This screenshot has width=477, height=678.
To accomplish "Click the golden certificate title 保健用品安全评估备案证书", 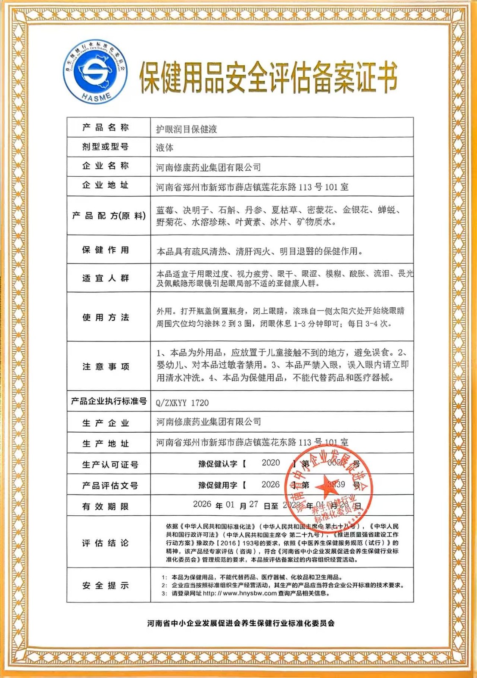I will tap(268, 77).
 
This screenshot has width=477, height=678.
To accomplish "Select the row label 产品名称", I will tap(105, 128).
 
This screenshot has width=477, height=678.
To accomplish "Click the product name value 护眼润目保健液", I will tap(186, 129).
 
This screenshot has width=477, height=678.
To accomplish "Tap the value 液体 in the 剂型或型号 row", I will tap(165, 147).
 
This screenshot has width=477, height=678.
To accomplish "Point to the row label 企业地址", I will tap(105, 185).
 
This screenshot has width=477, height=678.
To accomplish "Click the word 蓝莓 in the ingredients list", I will tap(165, 210).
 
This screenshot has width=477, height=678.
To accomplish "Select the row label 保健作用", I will tap(105, 250).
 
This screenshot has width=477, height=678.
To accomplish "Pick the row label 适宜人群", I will tap(105, 278).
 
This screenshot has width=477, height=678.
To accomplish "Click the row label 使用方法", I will tap(105, 317).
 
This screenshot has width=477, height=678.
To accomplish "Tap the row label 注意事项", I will tap(105, 367).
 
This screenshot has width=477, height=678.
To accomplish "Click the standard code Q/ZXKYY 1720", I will tap(183, 403).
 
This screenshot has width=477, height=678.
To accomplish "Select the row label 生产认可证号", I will tap(110, 465).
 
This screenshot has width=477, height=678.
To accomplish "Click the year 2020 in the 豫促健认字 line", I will tap(271, 463).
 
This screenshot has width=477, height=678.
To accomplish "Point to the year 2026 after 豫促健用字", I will tap(271, 484).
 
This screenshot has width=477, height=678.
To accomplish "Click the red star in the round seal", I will tap(327, 486).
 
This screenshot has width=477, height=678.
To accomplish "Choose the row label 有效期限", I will tap(105, 506).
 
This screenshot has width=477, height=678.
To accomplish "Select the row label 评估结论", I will tap(105, 543).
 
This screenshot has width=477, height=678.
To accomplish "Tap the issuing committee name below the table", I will tap(241, 623).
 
